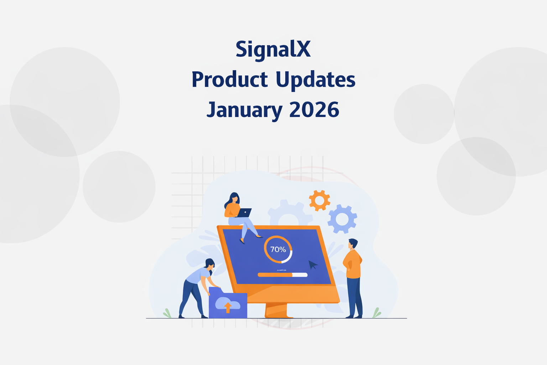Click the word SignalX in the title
point(273,50)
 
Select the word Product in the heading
point(230,79)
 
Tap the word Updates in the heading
point(316,79)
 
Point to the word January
point(244,109)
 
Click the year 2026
point(314,109)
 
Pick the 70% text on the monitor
point(278,250)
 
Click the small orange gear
point(319,200)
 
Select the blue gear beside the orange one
point(342,219)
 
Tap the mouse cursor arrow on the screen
point(312,265)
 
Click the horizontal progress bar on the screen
point(282,275)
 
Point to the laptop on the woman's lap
point(244,213)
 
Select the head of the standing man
point(353,244)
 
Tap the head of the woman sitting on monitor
point(234,198)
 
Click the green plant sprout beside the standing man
point(376,313)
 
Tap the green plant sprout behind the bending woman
point(167,313)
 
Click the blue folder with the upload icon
point(228,305)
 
